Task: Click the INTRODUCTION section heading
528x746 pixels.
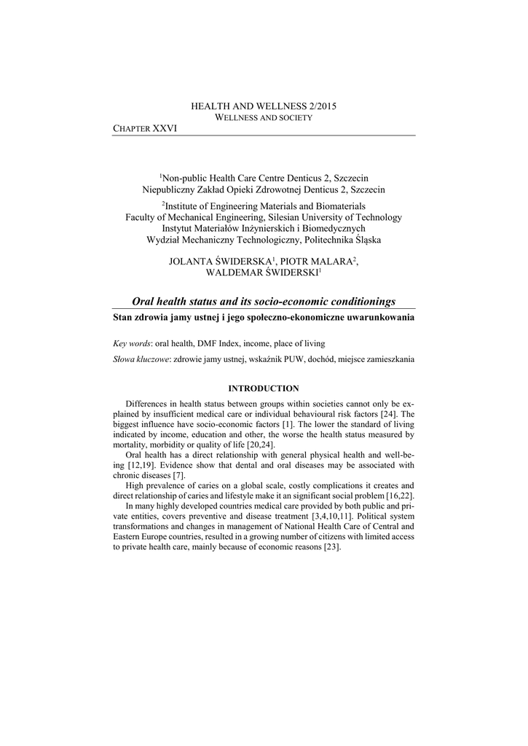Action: pos(264,388)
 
